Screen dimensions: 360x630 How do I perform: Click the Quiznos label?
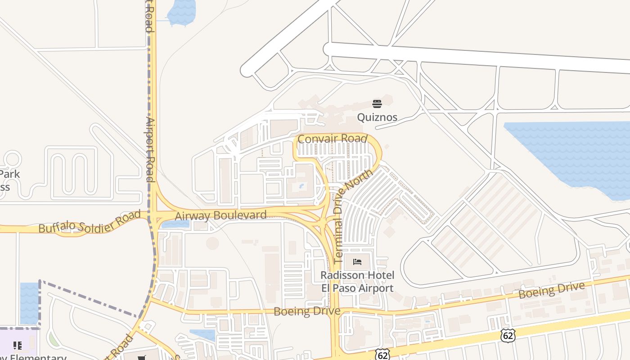(x=377, y=117)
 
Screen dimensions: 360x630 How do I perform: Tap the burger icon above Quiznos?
(x=377, y=104)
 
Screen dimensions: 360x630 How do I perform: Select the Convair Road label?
(x=333, y=139)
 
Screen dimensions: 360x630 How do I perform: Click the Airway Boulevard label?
(x=220, y=216)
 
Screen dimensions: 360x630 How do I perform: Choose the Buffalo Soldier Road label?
(x=90, y=221)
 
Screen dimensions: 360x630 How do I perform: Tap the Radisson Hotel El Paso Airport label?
(x=357, y=282)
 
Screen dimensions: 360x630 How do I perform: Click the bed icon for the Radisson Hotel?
(x=357, y=261)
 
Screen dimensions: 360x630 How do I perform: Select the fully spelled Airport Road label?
(x=150, y=149)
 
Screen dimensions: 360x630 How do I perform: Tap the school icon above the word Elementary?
(x=18, y=346)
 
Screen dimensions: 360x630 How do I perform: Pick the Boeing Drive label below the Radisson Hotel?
(x=306, y=311)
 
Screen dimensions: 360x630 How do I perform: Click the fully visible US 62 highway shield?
(x=507, y=335)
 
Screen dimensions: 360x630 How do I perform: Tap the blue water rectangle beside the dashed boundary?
(x=29, y=303)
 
